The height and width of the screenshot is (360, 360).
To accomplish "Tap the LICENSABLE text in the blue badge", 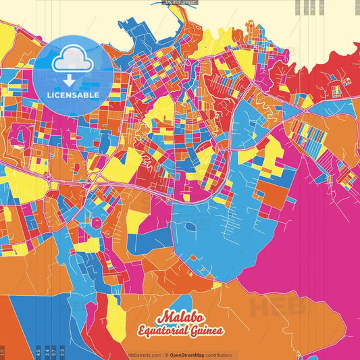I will click(73, 95).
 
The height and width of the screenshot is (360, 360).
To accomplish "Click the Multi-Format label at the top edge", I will click(180, 3).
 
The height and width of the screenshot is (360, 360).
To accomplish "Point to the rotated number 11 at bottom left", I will click(3, 352).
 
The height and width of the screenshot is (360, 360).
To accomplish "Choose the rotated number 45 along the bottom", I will click(38, 352).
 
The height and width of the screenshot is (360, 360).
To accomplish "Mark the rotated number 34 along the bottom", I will click(47, 352).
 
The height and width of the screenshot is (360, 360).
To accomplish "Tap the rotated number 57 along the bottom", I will click(55, 352).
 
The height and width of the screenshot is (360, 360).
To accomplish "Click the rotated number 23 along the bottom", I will click(63, 352).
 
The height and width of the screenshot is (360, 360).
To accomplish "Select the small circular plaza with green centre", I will click(97, 222).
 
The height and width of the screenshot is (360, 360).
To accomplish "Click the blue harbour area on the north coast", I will click(145, 30).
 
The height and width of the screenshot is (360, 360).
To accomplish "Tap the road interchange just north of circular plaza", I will click(93, 178).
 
